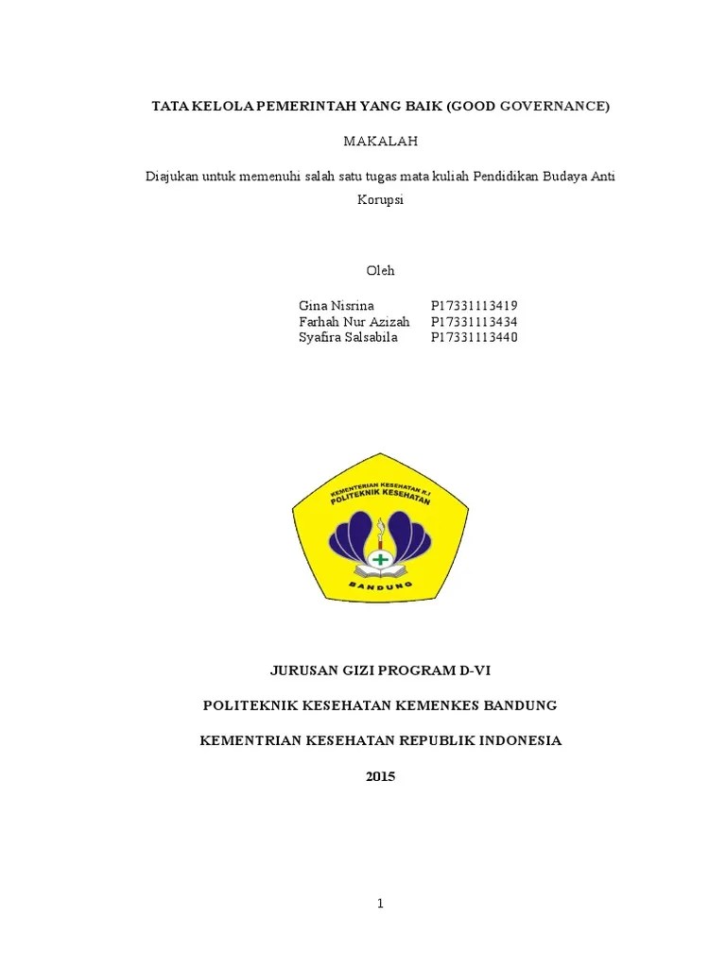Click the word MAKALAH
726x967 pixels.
tap(380, 141)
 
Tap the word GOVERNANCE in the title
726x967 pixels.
tap(552, 107)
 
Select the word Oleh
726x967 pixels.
tap(380, 271)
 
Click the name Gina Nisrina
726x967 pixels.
tap(337, 306)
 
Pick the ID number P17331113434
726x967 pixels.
tap(474, 322)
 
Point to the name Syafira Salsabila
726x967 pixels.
tap(347, 338)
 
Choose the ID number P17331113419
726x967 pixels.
tap(474, 306)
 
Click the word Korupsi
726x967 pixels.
tap(381, 200)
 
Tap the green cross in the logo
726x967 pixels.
tap(380, 559)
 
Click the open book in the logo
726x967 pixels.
tap(380, 572)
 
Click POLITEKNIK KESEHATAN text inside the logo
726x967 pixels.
tap(382, 498)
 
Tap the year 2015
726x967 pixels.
tap(380, 777)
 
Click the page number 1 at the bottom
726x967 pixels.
tap(380, 904)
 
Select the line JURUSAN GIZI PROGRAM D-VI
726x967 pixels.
tap(380, 670)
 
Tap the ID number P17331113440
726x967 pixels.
tap(474, 338)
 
